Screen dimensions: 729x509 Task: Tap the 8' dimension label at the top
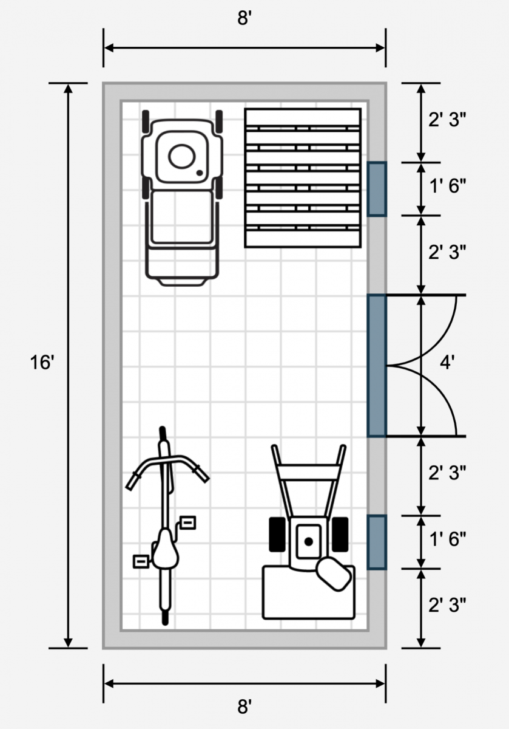click(244, 18)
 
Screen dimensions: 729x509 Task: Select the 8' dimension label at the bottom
click(244, 707)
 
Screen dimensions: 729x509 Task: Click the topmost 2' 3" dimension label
click(447, 120)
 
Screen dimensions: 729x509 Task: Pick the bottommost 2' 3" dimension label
click(447, 605)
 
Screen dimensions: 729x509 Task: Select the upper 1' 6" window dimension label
click(447, 187)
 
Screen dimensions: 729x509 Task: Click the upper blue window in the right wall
click(377, 189)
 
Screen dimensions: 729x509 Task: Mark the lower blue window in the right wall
click(377, 542)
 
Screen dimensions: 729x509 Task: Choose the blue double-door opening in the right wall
click(377, 366)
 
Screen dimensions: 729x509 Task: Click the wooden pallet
click(303, 177)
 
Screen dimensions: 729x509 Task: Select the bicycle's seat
click(164, 547)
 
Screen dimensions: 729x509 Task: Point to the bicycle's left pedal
click(141, 561)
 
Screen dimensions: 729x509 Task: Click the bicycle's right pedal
click(188, 522)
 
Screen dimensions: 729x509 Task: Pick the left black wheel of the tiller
click(277, 535)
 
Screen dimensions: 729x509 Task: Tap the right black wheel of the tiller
click(340, 535)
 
